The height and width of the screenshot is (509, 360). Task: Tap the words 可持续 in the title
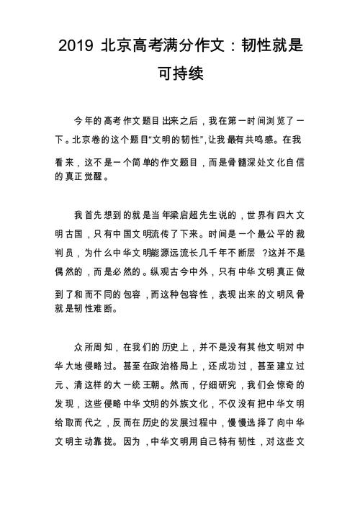coord(180,74)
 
